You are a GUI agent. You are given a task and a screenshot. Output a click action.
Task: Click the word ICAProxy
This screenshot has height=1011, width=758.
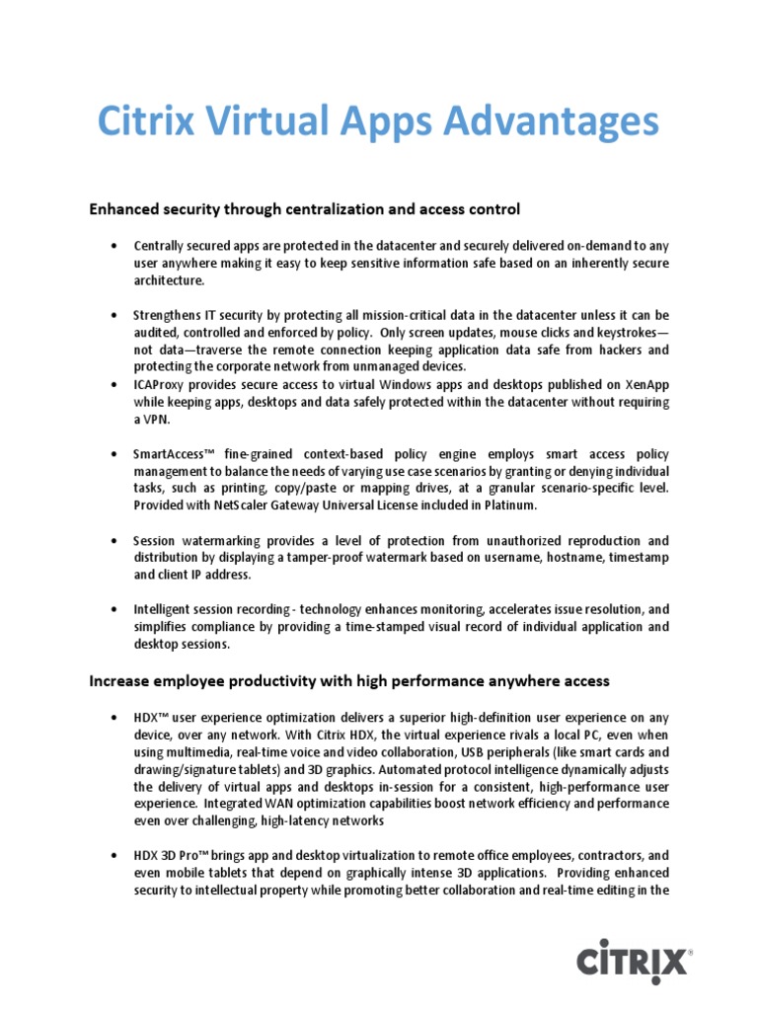tap(161, 384)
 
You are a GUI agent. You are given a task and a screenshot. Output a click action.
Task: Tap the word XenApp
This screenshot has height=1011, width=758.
tap(646, 384)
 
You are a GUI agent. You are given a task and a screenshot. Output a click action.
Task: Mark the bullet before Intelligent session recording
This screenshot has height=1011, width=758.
tap(115, 610)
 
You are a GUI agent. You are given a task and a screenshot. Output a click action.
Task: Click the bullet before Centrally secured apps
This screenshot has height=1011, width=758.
tap(115, 245)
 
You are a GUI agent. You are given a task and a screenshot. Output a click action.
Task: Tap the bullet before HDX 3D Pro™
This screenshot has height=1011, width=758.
tap(115, 856)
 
